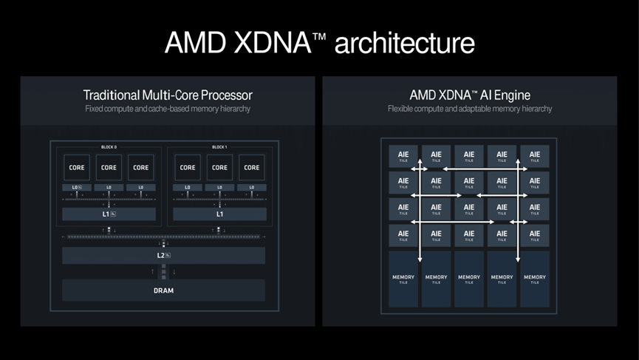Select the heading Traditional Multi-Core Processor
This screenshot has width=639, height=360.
click(x=168, y=95)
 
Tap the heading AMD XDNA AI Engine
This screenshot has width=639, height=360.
click(x=470, y=95)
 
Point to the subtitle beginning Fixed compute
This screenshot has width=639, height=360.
click(x=168, y=109)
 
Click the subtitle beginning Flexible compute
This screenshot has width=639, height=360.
click(x=470, y=109)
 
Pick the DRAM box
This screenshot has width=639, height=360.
click(x=163, y=291)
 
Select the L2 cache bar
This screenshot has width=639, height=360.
click(x=163, y=255)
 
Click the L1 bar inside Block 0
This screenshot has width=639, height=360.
click(x=109, y=214)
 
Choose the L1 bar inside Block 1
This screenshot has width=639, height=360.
click(x=219, y=214)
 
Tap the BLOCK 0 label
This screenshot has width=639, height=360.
click(x=109, y=147)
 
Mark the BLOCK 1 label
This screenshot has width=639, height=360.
click(x=219, y=147)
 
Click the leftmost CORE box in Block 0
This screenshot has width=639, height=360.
click(x=77, y=167)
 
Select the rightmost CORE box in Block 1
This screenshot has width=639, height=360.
click(x=251, y=167)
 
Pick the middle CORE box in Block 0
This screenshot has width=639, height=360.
click(x=109, y=167)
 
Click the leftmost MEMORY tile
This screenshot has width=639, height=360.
click(x=403, y=279)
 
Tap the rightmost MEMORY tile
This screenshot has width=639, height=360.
click(x=535, y=279)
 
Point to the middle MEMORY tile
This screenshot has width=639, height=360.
click(x=469, y=279)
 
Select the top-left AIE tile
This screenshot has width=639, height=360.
click(x=403, y=156)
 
